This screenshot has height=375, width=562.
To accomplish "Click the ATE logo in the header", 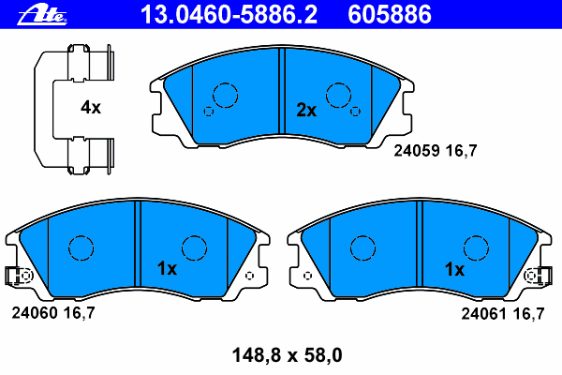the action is [42, 15].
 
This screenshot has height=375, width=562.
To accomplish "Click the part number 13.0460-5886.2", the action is [229, 15].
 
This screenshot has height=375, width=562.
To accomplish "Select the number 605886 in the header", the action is [390, 15].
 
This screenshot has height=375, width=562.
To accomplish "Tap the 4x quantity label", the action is [91, 107].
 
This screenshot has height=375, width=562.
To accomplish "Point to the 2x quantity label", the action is [306, 111].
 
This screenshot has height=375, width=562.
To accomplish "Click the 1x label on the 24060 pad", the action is [167, 268].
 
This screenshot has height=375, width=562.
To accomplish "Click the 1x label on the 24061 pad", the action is [454, 269].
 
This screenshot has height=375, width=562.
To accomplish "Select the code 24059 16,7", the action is [436, 151].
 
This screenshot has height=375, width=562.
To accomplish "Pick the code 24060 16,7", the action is [53, 313].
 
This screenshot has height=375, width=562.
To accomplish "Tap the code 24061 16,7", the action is [503, 314].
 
